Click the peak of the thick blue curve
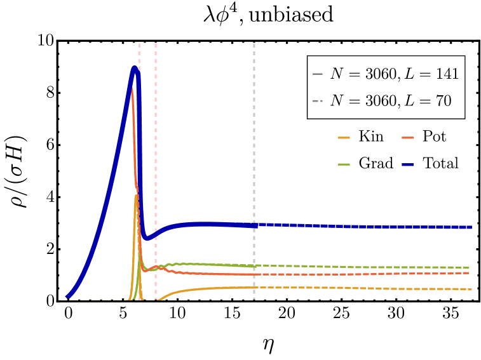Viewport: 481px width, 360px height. (x=135, y=67)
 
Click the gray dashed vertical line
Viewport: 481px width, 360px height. (x=254, y=159)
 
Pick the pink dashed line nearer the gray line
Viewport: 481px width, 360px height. (x=156, y=159)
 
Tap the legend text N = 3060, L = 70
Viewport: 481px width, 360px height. (x=390, y=100)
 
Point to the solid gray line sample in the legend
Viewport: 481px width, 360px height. (x=318, y=74)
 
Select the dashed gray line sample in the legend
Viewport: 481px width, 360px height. (x=318, y=101)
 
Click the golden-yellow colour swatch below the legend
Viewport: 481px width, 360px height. (x=343, y=138)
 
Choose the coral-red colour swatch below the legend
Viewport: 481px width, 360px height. (x=407, y=138)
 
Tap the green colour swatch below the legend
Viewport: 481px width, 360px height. (x=343, y=164)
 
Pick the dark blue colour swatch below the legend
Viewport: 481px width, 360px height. (x=407, y=164)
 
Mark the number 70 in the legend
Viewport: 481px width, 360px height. (x=443, y=100)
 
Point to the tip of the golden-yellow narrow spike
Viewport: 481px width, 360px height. (x=136, y=196)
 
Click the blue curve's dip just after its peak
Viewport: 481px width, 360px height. (x=146, y=239)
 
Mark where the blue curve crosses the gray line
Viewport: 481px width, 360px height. (x=254, y=225)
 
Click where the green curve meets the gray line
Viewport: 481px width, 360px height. (x=254, y=265)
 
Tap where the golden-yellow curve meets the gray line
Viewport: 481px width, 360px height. (x=254, y=288)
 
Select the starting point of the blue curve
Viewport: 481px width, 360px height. (x=67, y=297)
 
